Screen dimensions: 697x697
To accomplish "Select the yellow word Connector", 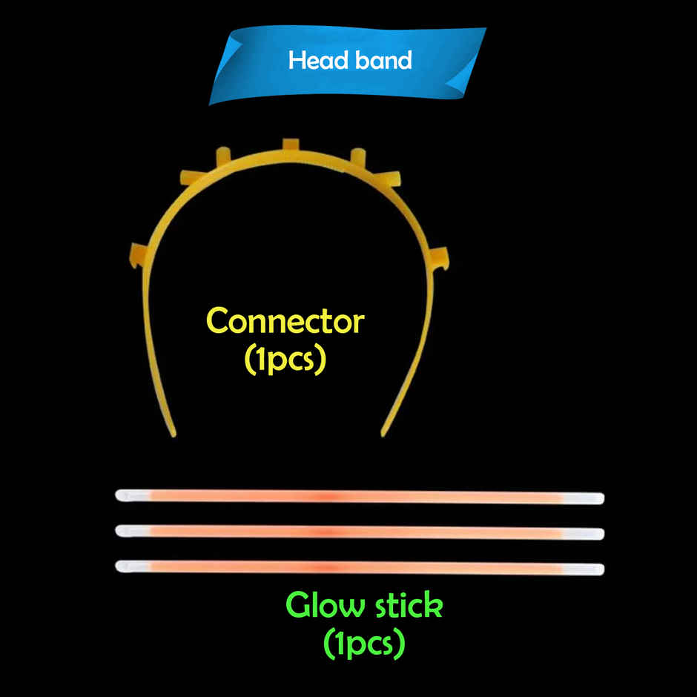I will tap(285, 322).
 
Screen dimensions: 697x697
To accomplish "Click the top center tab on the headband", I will tap(289, 144).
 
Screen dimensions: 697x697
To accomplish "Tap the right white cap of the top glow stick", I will tap(591, 498).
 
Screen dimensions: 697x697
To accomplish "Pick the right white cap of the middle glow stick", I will tap(591, 534).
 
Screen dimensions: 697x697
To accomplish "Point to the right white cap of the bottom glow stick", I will tap(591, 569).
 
